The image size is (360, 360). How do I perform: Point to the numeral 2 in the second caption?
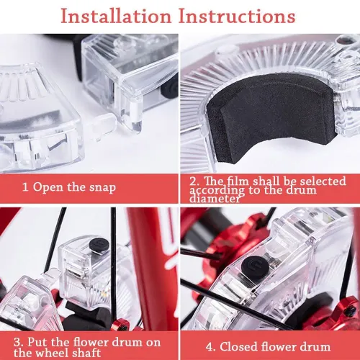[192, 181]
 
